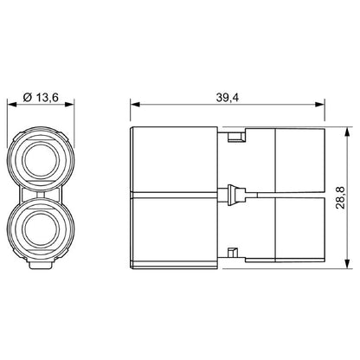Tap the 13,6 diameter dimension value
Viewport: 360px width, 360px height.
pos(48,98)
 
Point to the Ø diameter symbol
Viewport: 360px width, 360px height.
pos(29,98)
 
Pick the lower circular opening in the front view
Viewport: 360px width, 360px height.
pos(42,228)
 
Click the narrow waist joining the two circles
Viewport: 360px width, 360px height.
pos(42,195)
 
